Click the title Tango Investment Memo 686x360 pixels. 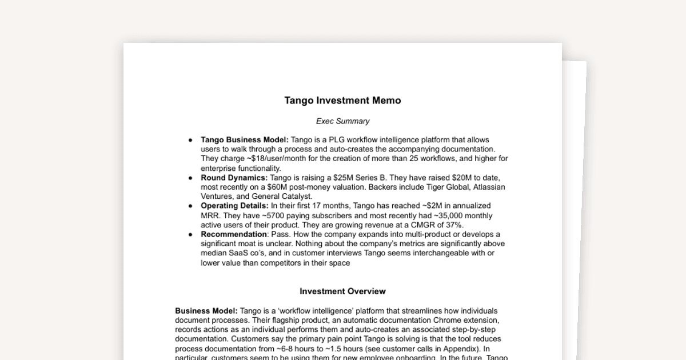[342, 101]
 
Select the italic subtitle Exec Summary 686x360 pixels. [342, 121]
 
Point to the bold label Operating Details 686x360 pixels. [234, 206]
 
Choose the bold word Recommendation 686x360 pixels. [233, 234]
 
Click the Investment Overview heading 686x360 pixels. [342, 291]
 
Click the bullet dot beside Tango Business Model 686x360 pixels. [190, 140]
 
